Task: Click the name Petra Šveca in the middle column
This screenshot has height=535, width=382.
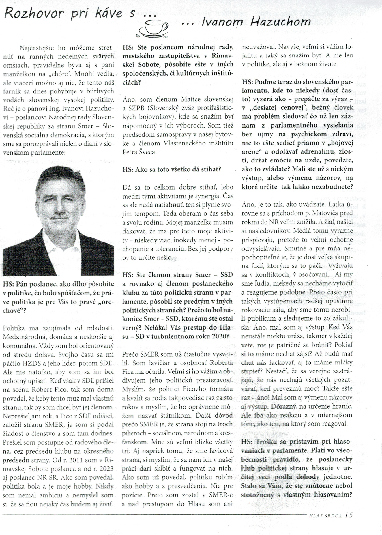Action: pyautogui.click(x=140, y=152)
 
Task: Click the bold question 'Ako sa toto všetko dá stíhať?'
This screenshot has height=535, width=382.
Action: pyautogui.click(x=172, y=169)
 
